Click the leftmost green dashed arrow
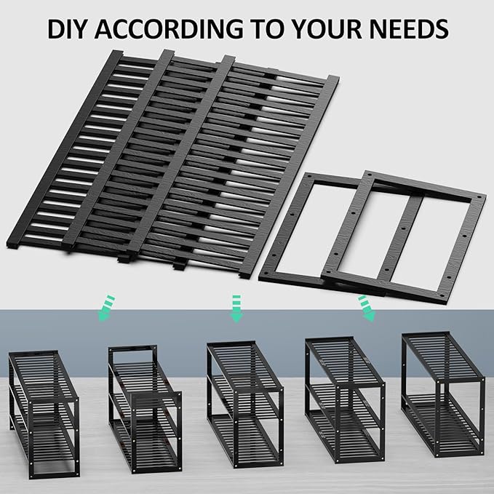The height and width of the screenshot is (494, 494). click(106, 308)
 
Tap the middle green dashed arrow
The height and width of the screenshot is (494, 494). click(235, 308)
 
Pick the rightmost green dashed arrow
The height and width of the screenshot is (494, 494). click(367, 308)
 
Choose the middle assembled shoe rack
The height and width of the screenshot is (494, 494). click(244, 405)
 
